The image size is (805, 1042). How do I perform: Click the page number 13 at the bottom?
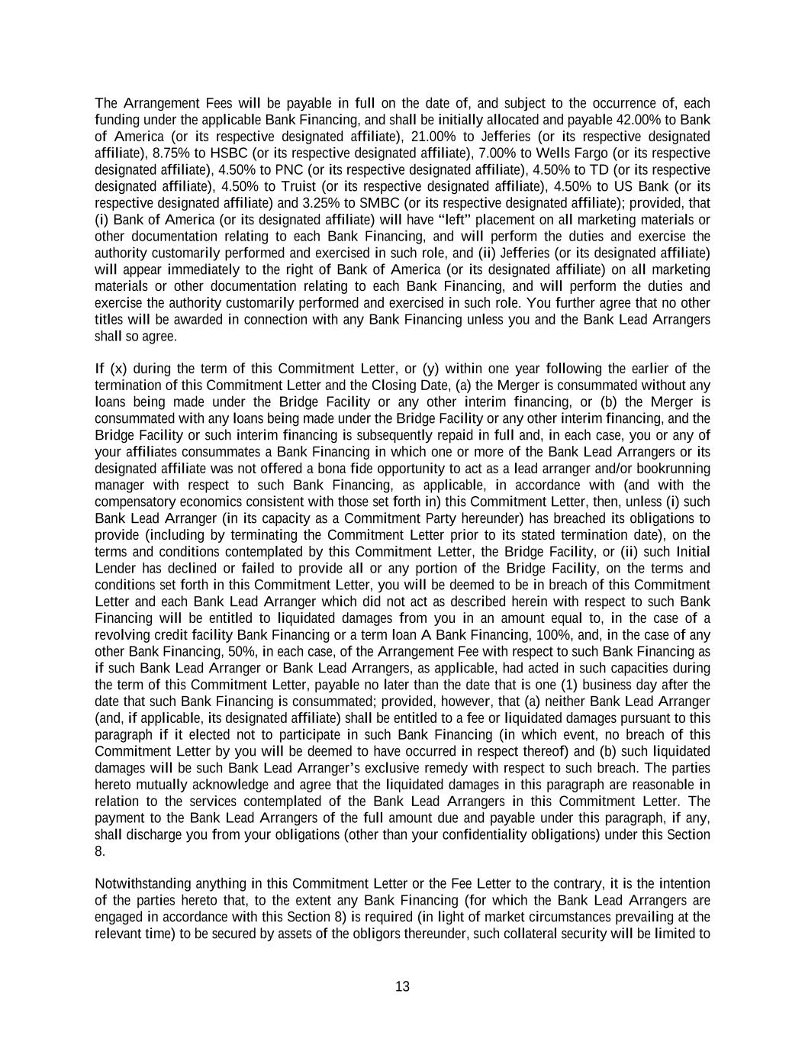(x=403, y=987)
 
